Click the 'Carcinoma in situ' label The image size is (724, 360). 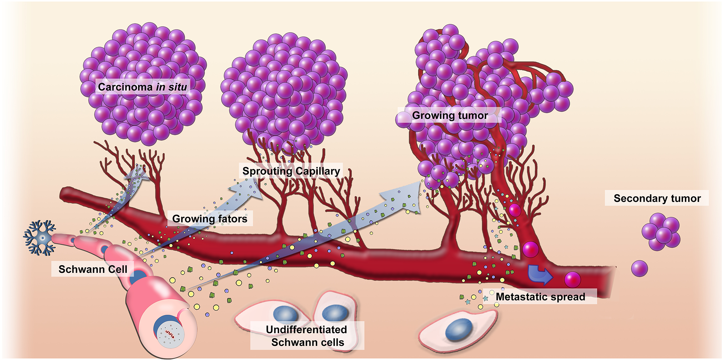click(142, 87)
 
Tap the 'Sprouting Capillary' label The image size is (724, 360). click(291, 171)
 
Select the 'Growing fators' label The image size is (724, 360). click(210, 219)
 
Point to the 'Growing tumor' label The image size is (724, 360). click(450, 115)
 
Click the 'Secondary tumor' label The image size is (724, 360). click(657, 198)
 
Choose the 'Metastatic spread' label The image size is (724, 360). click(540, 297)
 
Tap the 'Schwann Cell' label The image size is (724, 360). click(93, 269)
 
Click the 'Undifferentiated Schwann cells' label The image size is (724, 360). click(307, 336)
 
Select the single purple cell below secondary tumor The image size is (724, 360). click(639, 268)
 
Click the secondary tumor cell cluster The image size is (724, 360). click(661, 232)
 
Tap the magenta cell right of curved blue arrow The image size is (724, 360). click(572, 279)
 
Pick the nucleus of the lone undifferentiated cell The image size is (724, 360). click(458, 330)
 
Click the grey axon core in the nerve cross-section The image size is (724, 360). click(170, 335)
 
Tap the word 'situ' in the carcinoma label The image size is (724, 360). click(177, 87)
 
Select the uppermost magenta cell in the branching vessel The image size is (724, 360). click(514, 210)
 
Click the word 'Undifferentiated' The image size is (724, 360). click(306, 330)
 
